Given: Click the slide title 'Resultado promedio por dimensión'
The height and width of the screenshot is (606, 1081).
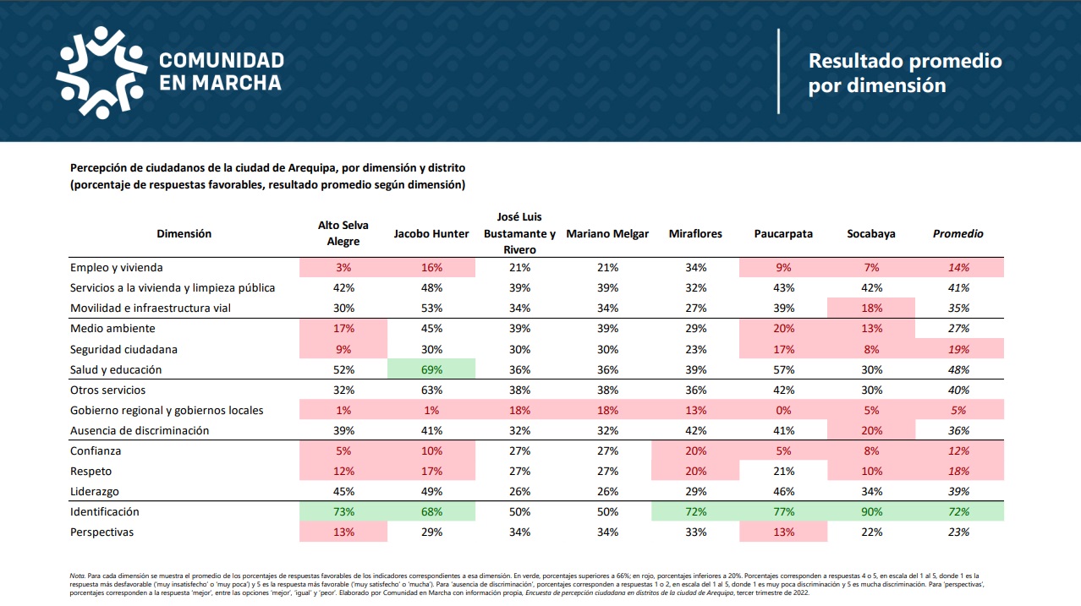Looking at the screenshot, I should (x=905, y=73).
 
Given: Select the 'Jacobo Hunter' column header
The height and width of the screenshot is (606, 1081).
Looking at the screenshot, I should (x=431, y=234).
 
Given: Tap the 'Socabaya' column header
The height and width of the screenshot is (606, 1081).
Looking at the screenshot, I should (x=871, y=234).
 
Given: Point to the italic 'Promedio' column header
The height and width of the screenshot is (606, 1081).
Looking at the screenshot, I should (x=958, y=234).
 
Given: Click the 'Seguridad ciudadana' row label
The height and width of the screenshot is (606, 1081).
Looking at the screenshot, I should (x=123, y=349).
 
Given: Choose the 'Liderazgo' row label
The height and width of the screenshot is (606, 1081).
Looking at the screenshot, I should (x=95, y=491).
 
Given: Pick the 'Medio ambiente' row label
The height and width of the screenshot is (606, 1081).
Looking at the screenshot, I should (x=112, y=329).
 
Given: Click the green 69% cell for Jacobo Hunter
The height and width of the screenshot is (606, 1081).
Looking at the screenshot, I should (x=431, y=369).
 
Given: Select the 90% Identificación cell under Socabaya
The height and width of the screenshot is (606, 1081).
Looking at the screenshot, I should (x=871, y=511).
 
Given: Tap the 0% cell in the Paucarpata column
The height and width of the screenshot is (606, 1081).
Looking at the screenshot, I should (x=783, y=410).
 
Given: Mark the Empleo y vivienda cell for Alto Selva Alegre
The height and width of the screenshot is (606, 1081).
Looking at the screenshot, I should (x=343, y=267).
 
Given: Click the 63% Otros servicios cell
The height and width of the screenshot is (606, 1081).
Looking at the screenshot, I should (x=431, y=390).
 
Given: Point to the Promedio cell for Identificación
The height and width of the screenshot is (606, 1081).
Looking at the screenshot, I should (x=958, y=511).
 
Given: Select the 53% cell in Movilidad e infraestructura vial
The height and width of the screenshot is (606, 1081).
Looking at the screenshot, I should (x=431, y=308).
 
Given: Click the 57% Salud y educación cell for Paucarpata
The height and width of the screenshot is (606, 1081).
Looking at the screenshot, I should (x=783, y=369).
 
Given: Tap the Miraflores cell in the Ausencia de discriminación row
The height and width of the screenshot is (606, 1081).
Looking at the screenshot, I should (x=695, y=430).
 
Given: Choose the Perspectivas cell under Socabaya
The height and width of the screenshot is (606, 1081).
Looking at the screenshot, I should (x=871, y=532).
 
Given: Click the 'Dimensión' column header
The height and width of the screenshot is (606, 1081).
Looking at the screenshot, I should (x=184, y=234).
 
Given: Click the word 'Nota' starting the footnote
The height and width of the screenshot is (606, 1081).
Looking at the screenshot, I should (x=78, y=576).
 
